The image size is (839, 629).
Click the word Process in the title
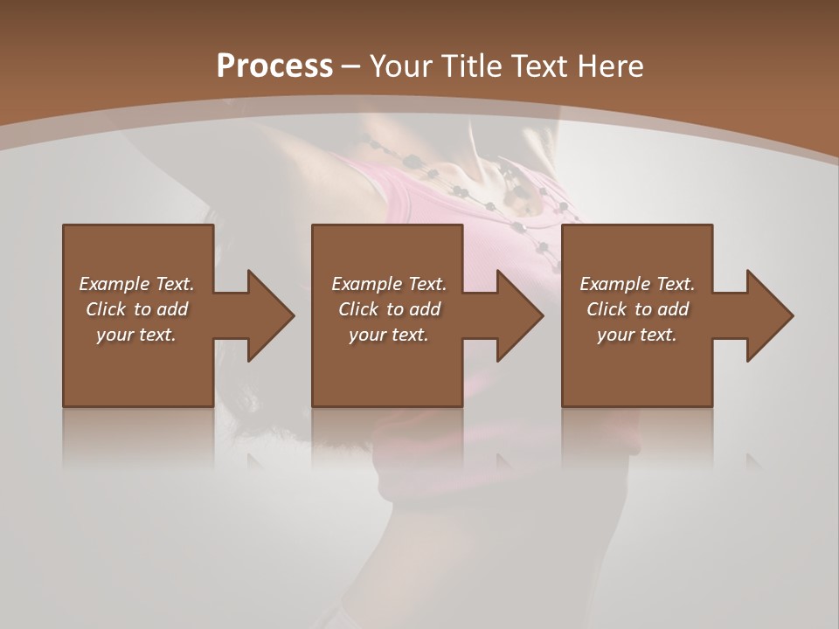tap(274, 66)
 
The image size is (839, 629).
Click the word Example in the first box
tap(114, 284)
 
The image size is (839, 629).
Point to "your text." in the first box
tap(136, 335)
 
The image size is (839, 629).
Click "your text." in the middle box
tap(388, 335)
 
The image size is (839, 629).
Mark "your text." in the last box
tap(637, 335)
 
